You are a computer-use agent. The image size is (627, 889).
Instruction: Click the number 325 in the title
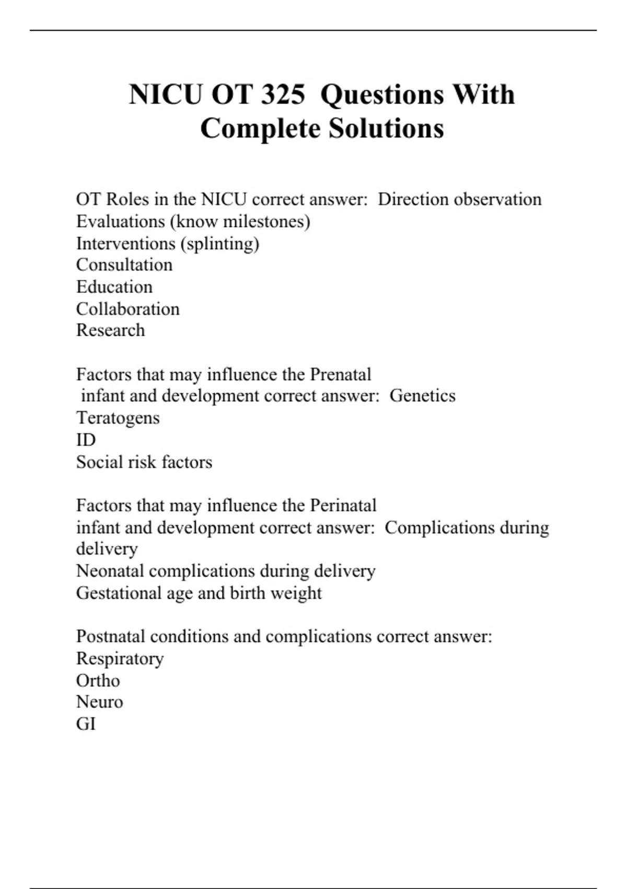click(283, 95)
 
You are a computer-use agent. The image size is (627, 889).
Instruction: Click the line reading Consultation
click(124, 265)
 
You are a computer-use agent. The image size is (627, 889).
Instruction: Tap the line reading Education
click(114, 287)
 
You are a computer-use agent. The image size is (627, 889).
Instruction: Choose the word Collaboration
click(128, 309)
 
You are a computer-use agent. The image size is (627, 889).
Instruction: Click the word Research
click(111, 330)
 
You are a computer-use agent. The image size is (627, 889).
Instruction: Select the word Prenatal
click(341, 374)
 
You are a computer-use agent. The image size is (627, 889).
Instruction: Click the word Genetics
click(423, 396)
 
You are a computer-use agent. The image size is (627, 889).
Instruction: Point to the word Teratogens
click(118, 418)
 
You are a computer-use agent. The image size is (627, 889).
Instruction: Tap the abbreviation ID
click(86, 440)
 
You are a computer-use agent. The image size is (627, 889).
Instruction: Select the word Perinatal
click(343, 506)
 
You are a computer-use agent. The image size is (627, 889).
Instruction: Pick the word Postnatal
click(110, 636)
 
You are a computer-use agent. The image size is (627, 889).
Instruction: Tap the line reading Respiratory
click(120, 658)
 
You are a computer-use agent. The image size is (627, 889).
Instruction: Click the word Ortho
click(98, 680)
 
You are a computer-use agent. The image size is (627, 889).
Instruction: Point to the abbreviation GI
click(86, 724)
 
